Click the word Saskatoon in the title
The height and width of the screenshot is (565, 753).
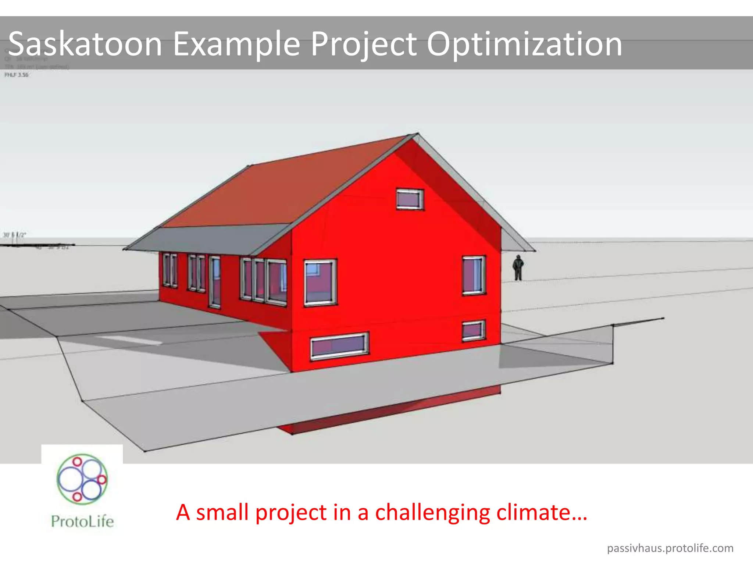(x=85, y=44)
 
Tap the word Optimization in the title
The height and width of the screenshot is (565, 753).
(x=524, y=44)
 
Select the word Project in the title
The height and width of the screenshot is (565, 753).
(x=364, y=44)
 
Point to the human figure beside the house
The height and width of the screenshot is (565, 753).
(x=518, y=268)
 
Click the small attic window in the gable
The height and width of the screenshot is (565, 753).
(x=410, y=199)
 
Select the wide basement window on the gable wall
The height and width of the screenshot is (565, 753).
(x=339, y=346)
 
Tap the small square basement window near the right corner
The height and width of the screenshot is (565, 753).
(x=473, y=330)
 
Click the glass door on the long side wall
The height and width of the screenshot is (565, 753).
(x=215, y=282)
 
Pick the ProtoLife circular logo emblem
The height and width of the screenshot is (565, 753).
(x=82, y=479)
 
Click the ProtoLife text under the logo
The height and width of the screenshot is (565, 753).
(x=82, y=522)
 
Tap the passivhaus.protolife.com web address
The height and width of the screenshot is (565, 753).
(x=670, y=548)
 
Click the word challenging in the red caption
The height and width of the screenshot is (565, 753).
(x=432, y=512)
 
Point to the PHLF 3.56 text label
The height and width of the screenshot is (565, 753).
(x=17, y=75)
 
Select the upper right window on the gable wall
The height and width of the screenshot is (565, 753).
(x=474, y=276)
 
